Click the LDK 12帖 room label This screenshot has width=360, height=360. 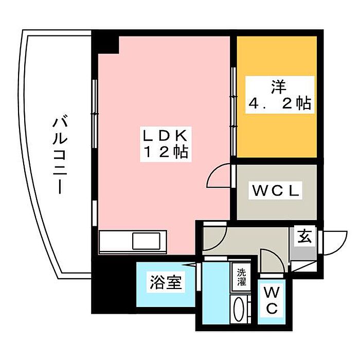(166, 144)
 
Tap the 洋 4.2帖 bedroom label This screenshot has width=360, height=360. (280, 95)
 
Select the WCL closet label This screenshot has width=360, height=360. (276, 190)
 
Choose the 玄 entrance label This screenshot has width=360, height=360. (304, 237)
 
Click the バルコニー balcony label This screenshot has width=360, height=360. (60, 156)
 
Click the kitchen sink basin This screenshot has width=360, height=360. (146, 241)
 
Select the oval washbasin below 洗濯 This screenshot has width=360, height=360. (239, 309)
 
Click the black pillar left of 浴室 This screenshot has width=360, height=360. (114, 285)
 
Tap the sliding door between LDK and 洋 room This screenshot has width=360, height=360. (233, 112)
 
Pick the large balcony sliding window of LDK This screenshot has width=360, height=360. (94, 114)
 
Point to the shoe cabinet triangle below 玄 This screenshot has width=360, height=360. (303, 266)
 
